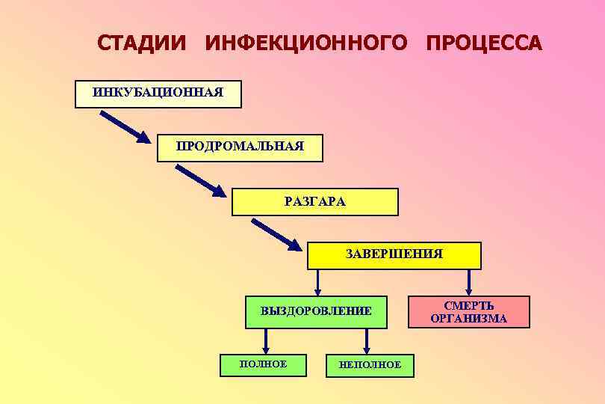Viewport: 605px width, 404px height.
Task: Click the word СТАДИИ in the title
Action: [143, 43]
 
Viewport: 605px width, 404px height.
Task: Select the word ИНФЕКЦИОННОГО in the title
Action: [306, 43]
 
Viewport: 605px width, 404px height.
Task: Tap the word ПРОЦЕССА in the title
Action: [484, 43]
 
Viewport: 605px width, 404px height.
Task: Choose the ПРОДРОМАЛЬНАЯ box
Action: [240, 147]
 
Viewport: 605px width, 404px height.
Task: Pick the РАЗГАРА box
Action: [315, 201]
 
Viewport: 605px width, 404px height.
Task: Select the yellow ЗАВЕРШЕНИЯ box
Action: [394, 255]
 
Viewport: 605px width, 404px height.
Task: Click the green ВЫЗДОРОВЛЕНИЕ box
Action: [317, 312]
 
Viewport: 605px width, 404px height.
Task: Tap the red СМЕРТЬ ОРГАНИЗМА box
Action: [468, 312]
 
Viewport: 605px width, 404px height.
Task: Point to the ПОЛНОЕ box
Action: [263, 364]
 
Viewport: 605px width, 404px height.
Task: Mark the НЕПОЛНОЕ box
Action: [370, 365]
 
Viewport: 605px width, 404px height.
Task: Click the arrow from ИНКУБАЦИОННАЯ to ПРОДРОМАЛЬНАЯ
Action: [125, 126]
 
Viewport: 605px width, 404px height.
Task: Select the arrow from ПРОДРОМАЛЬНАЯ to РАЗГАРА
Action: [200, 180]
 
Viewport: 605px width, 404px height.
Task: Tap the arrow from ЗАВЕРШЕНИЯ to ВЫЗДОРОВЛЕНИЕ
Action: [318, 282]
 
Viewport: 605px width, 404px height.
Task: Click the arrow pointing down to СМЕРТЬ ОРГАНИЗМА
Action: [469, 282]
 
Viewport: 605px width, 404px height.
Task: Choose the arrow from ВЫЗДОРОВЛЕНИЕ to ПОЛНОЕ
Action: [266, 340]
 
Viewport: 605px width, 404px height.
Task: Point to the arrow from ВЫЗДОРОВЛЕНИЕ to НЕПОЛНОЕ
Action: [366, 340]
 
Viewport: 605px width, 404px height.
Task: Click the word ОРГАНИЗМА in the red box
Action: [468, 319]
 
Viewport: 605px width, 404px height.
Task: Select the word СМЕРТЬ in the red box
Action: [469, 306]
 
